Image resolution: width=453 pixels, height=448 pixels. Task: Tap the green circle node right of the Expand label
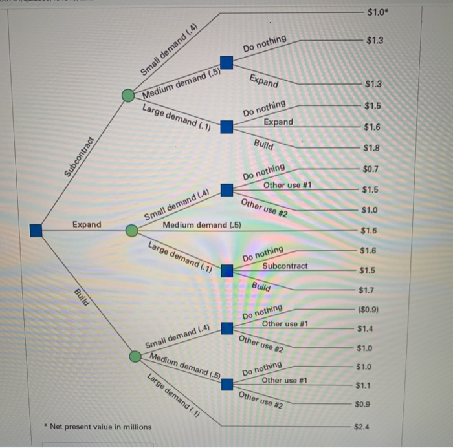point(131,230)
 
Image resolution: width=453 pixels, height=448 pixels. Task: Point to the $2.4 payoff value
point(363,427)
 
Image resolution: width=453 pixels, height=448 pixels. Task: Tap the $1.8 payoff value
point(372,148)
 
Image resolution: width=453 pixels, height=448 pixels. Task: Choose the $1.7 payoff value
point(367,290)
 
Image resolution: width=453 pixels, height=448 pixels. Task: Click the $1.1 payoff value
point(364,386)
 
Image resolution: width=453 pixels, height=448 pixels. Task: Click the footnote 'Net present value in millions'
point(99,426)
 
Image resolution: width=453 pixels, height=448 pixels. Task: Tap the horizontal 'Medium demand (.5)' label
point(202,225)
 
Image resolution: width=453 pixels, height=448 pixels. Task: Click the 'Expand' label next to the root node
point(87,224)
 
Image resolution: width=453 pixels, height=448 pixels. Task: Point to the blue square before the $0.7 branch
point(226,190)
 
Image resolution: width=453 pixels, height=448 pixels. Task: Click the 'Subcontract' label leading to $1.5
point(285,266)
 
